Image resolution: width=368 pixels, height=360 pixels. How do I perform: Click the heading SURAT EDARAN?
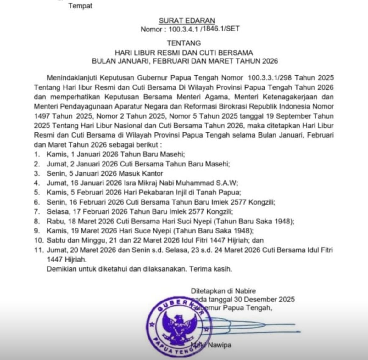tap(187, 21)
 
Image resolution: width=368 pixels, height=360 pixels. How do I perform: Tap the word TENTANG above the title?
tap(184, 43)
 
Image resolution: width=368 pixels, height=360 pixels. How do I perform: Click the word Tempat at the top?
tap(80, 6)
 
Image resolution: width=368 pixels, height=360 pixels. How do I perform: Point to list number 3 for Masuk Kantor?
tap(37, 173)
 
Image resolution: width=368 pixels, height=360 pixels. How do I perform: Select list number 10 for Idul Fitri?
tap(38, 240)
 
